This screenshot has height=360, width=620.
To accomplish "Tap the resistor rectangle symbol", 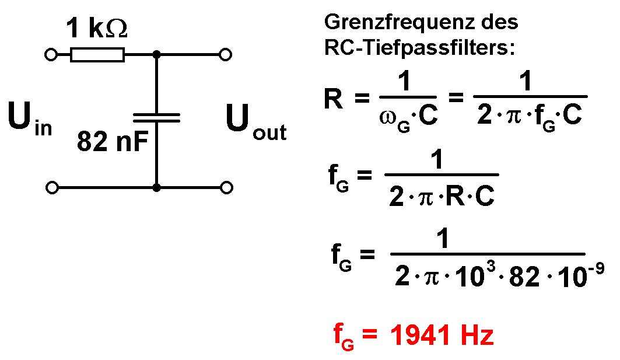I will [97, 55].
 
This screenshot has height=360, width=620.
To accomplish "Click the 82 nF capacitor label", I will [111, 142].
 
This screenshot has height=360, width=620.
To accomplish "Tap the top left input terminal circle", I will [51, 55].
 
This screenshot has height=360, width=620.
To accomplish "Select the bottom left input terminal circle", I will [51, 187].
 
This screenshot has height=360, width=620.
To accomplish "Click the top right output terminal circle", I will [226, 55].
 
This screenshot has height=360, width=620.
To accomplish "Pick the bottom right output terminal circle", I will [226, 187].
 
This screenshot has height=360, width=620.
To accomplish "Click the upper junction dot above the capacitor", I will [156, 55].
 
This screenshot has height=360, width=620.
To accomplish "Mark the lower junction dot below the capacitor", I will [156, 187].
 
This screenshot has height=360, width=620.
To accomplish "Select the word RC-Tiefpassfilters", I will [420, 48].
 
